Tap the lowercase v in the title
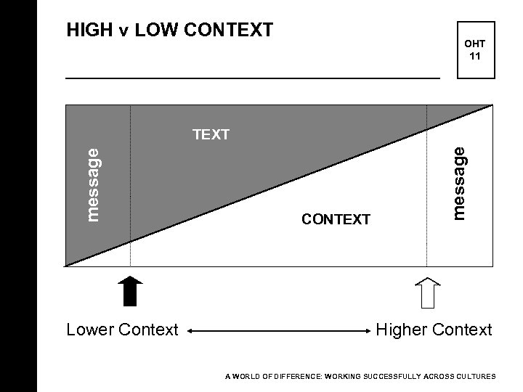click(x=123, y=30)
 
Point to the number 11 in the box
click(x=474, y=55)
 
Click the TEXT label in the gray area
click(x=211, y=134)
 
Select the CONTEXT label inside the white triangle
click(x=336, y=219)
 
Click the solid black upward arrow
click(x=130, y=292)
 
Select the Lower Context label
click(x=122, y=330)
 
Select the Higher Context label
click(x=434, y=330)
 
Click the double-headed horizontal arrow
click(x=278, y=331)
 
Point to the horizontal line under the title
click(x=253, y=77)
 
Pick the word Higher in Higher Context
click(x=402, y=330)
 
